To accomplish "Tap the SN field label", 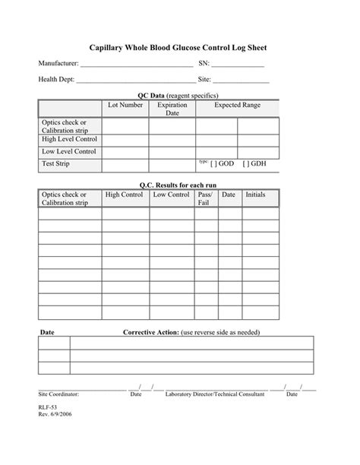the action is [204, 65].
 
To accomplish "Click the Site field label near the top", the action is [204, 79].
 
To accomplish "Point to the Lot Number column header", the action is [125, 105].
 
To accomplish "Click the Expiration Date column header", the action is [172, 109].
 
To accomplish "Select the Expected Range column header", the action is [237, 105].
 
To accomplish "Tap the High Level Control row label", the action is [69, 139].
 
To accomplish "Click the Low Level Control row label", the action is [68, 151].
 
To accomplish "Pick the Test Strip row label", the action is [57, 163].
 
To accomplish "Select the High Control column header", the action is [125, 195].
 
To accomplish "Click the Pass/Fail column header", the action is [205, 199].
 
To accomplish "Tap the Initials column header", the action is [255, 195].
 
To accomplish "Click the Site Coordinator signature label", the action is [58, 395].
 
